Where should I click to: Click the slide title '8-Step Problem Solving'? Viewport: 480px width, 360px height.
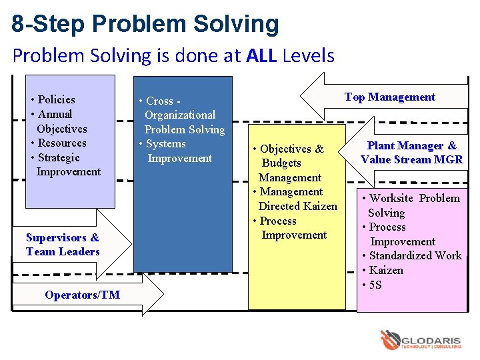coord(145,24)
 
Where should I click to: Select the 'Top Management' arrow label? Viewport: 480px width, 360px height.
coord(389,97)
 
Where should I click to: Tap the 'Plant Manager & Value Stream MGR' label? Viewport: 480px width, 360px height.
coord(411,153)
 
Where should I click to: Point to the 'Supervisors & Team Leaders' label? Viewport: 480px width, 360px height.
coord(63,245)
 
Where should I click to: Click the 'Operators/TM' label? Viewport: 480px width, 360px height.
coord(82,295)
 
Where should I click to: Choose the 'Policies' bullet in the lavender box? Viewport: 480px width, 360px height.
coord(56,100)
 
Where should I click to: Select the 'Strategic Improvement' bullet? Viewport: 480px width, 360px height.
coord(65,165)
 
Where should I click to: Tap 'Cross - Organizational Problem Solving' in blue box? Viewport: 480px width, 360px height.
coord(182,115)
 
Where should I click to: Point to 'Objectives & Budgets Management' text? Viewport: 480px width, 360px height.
coord(289,163)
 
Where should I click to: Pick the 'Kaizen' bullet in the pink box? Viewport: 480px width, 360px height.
coord(385,271)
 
